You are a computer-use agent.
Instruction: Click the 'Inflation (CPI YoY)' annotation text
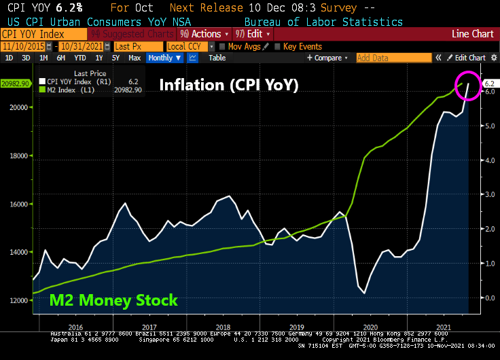(x=228, y=86)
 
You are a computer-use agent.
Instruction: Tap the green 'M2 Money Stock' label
(x=113, y=300)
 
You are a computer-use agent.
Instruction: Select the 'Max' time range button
(x=135, y=58)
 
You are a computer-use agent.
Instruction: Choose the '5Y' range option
(x=115, y=58)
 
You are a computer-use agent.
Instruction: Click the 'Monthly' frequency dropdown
(x=164, y=58)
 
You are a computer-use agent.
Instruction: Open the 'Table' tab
(x=217, y=58)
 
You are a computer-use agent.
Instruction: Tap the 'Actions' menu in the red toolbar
(x=202, y=33)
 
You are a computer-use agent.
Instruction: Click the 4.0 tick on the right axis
(x=489, y=160)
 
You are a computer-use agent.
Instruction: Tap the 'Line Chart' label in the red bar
(x=473, y=33)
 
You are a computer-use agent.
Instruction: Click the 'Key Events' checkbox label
(x=302, y=46)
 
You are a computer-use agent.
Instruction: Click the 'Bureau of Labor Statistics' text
(x=323, y=22)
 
